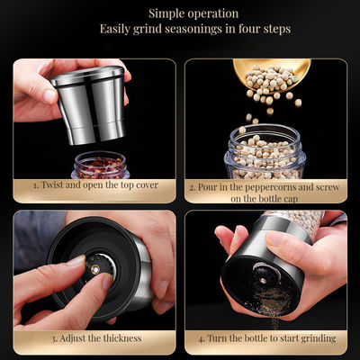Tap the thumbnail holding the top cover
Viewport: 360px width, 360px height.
[48, 95]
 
